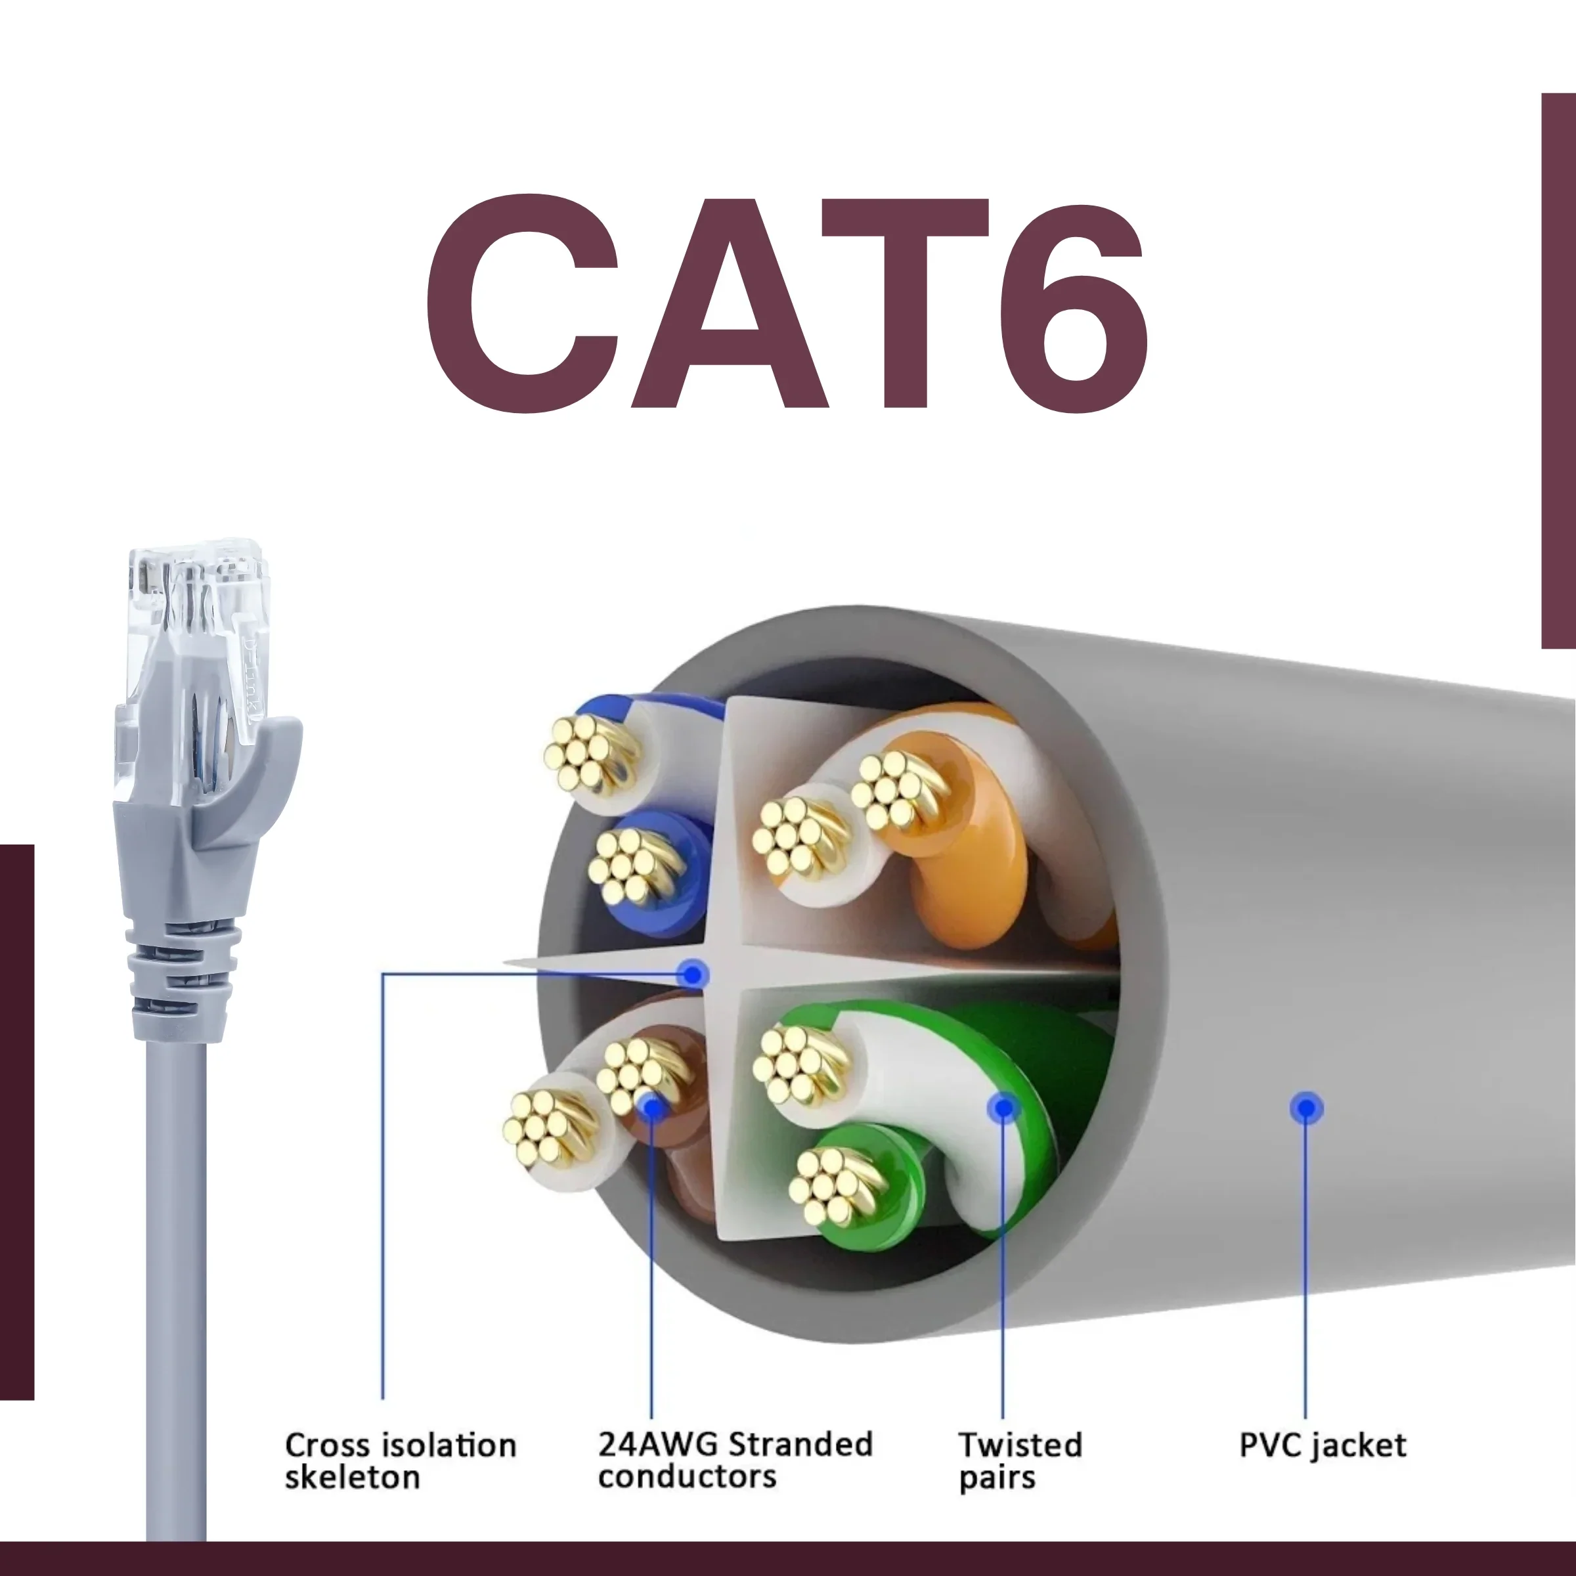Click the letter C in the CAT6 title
522,303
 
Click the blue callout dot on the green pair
1003,1108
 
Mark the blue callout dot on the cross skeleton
693,974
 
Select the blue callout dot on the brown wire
652,1108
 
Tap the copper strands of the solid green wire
835,1187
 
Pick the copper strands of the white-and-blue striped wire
589,755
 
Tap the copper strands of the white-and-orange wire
799,839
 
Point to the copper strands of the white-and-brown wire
551,1128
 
